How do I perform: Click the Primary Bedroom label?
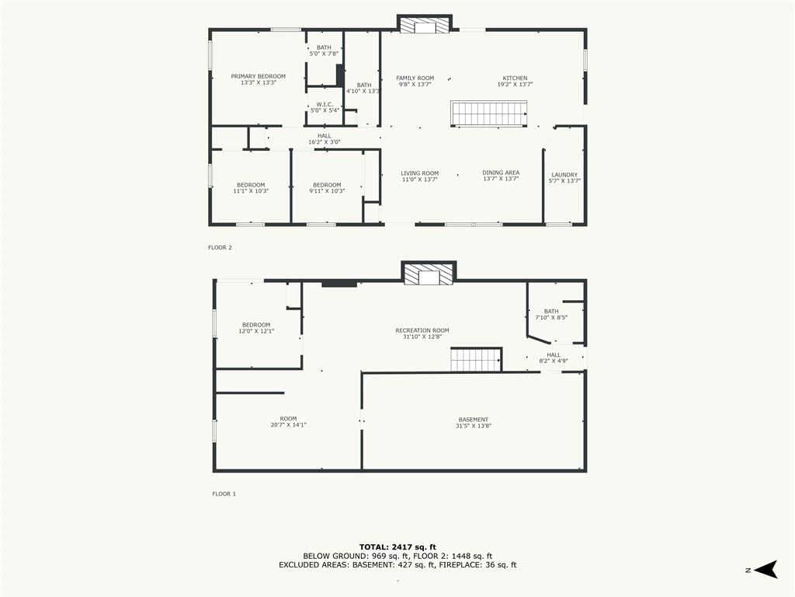[x=258, y=79]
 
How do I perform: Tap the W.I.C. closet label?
[x=325, y=107]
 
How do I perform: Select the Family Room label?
[x=415, y=81]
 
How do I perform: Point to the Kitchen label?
[x=516, y=81]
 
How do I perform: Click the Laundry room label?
[x=564, y=178]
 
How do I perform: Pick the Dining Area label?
[x=501, y=176]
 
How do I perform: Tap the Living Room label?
[x=420, y=176]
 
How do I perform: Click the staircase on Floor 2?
[x=489, y=113]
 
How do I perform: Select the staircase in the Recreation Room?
[x=476, y=359]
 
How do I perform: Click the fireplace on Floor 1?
[x=429, y=274]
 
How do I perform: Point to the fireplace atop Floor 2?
[x=425, y=24]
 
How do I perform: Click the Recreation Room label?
[x=422, y=333]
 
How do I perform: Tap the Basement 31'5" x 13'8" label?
[x=474, y=423]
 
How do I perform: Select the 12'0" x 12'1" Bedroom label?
[x=256, y=328]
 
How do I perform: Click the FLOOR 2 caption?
[x=220, y=248]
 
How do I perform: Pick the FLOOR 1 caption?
[x=224, y=494]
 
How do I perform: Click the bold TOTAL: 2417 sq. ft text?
[x=397, y=547]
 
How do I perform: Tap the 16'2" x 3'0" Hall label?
[x=325, y=139]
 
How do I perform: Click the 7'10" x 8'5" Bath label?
[x=551, y=314]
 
